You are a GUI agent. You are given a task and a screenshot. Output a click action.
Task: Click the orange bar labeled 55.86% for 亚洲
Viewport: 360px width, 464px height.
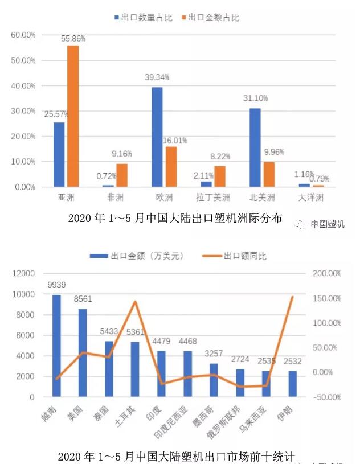(x=73, y=116)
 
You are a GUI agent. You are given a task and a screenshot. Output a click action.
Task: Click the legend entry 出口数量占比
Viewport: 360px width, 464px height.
(x=142, y=18)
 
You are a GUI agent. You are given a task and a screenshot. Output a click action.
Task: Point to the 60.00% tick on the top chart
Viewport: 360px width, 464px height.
(x=23, y=35)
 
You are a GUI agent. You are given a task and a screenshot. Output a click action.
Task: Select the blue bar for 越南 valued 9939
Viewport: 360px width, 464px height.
(x=56, y=346)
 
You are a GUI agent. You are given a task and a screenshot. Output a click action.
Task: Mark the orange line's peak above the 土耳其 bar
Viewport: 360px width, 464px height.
(x=135, y=302)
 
